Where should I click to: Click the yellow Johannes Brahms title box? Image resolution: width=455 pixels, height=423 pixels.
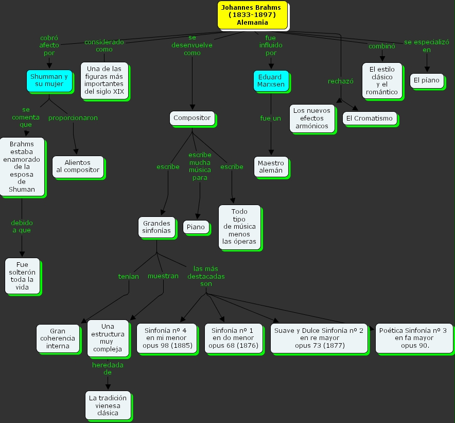coord(252,15)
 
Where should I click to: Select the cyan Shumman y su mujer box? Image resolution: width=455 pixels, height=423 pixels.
coord(49,80)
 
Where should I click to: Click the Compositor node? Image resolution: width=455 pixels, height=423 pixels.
coord(192,118)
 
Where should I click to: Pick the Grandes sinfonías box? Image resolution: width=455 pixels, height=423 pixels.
coord(156,227)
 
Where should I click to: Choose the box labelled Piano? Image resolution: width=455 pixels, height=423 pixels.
coord(196,227)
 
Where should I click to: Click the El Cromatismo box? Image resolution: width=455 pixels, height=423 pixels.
coord(369,118)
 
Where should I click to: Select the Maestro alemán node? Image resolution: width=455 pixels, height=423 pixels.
coord(271,166)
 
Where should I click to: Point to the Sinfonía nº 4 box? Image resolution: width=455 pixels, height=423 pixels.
coord(169,338)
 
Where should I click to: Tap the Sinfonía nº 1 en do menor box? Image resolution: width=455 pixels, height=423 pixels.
coord(233,338)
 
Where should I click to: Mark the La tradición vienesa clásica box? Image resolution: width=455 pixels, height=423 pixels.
coord(108,405)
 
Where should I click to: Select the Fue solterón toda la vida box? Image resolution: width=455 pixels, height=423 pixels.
coord(22,276)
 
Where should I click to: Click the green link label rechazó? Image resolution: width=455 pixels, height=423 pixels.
coord(341,81)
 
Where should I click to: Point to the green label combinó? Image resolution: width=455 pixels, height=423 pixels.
coord(381,46)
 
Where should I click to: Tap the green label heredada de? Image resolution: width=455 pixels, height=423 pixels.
coord(108,368)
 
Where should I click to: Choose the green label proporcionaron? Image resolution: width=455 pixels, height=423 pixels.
coord(73,117)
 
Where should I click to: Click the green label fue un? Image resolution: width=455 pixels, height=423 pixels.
coord(271,118)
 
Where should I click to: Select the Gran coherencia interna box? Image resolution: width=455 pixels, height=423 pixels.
coord(58,338)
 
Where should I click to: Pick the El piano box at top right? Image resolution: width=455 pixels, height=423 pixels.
coord(426,80)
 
